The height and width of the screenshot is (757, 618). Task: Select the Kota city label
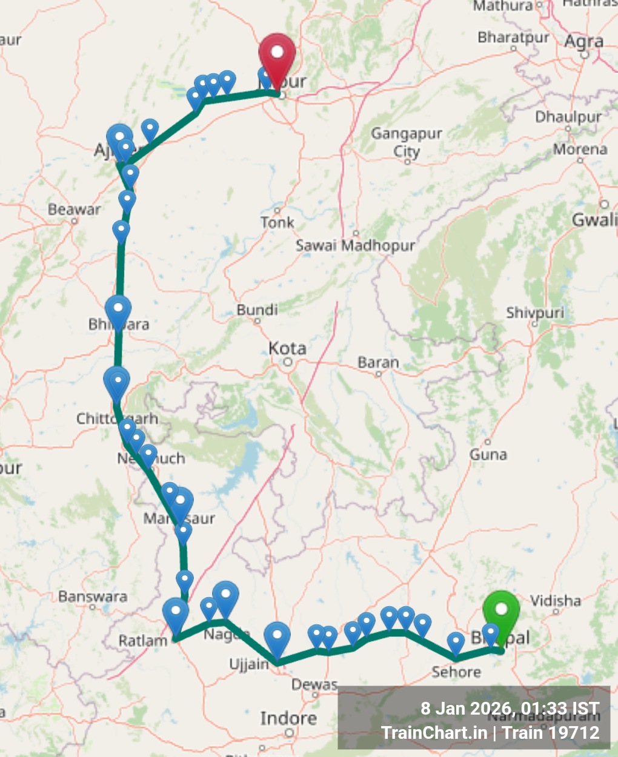(x=287, y=348)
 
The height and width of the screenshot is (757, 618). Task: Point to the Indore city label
(x=288, y=718)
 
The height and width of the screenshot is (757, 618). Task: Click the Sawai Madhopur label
(x=355, y=245)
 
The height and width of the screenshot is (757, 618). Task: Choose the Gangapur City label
(x=407, y=142)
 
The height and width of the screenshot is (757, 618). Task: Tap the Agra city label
(x=583, y=41)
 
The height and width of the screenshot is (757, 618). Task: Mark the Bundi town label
(x=257, y=310)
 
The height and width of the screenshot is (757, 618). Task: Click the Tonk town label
(x=277, y=222)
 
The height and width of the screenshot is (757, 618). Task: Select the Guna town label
(x=488, y=454)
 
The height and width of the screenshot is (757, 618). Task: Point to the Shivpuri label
(x=535, y=312)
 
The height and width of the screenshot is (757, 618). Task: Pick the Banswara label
(x=93, y=597)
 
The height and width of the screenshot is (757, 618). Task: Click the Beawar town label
(x=74, y=210)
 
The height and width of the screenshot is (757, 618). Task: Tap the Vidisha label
(x=556, y=601)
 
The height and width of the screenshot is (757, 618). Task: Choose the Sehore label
(x=456, y=672)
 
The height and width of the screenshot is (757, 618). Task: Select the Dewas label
(x=314, y=684)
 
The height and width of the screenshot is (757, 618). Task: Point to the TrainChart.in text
(x=434, y=733)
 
